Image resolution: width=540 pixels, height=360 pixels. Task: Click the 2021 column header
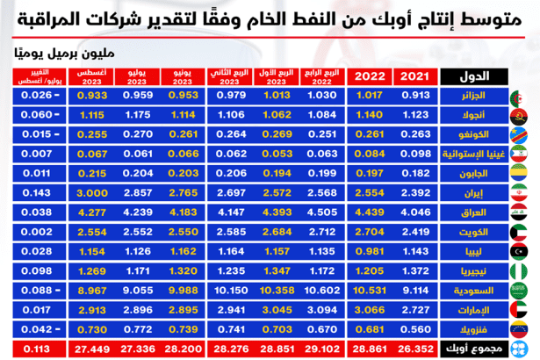(x=414, y=76)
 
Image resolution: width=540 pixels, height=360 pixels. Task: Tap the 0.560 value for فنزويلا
(x=414, y=329)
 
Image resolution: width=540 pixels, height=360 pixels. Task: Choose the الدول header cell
(x=471, y=76)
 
